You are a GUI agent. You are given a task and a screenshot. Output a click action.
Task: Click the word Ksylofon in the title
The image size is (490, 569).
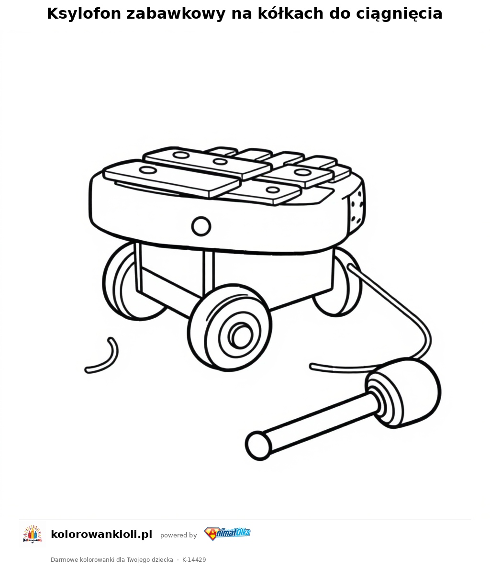84,14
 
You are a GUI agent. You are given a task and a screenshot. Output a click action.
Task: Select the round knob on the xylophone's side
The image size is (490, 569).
201,226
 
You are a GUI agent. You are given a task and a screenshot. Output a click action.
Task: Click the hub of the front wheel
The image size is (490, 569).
241,335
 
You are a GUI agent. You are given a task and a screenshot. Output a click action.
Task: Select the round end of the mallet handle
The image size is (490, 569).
258,445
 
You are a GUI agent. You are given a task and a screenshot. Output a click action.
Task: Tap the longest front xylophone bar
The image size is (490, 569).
172,179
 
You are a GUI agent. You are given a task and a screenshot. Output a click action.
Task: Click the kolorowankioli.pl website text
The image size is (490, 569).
101,534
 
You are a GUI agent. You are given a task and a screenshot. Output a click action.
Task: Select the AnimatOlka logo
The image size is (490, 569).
227,534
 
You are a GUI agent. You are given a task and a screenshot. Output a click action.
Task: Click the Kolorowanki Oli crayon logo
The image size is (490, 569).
33,534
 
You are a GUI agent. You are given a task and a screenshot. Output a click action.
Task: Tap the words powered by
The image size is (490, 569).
178,535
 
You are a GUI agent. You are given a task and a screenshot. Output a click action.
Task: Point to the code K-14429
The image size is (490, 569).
194,559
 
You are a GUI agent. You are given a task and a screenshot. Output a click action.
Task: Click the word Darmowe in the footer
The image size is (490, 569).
64,559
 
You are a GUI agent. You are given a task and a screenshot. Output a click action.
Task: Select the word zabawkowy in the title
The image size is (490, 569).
176,14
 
